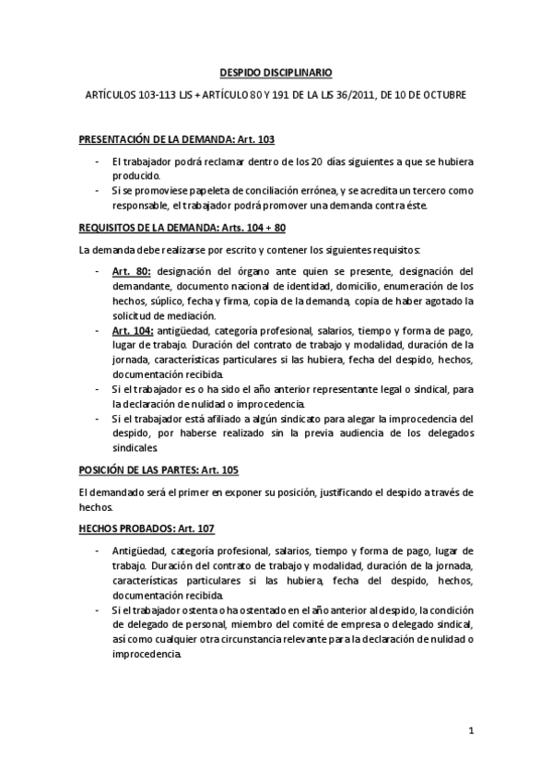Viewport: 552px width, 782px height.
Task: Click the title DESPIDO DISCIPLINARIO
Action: pyautogui.click(x=275, y=71)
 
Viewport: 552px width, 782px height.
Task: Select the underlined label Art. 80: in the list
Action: pyautogui.click(x=133, y=271)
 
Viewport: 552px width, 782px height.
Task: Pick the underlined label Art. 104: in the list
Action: pyautogui.click(x=135, y=329)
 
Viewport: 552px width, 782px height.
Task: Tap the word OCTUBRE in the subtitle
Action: pyautogui.click(x=446, y=95)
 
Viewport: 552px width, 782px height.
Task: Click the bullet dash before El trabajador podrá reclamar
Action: pyautogui.click(x=99, y=161)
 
